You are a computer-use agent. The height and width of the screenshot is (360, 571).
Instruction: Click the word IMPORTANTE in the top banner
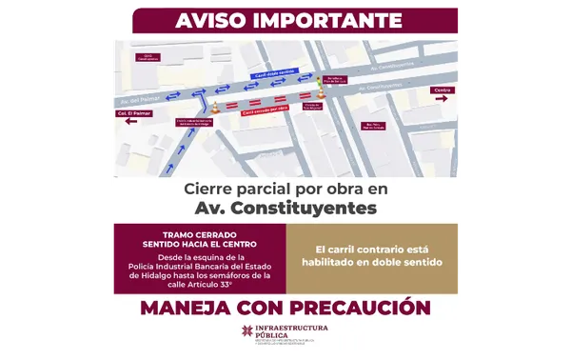[319, 19]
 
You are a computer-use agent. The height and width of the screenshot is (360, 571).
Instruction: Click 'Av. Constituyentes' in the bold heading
[285, 207]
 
